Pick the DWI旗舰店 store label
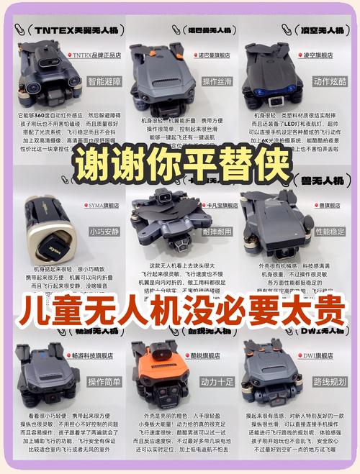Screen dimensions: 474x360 (318, 355)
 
